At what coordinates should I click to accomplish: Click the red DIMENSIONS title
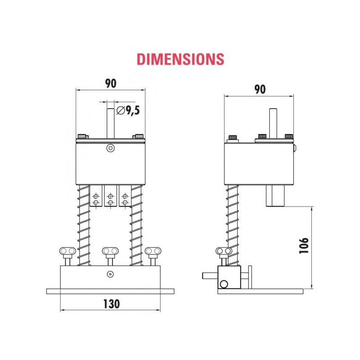[180, 59]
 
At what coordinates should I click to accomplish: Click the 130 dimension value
[110, 304]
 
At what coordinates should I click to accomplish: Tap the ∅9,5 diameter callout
[127, 109]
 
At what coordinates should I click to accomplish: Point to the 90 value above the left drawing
[111, 83]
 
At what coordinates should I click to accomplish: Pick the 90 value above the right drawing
[260, 89]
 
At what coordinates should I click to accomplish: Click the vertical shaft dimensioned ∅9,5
[110, 121]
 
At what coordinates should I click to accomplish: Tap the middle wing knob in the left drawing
[110, 251]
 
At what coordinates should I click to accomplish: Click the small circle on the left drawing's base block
[110, 274]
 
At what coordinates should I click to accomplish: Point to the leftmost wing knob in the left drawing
[67, 251]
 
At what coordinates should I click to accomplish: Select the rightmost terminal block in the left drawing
[125, 196]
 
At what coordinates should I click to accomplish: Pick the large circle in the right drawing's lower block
[223, 284]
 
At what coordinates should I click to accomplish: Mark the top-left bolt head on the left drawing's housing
[82, 136]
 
